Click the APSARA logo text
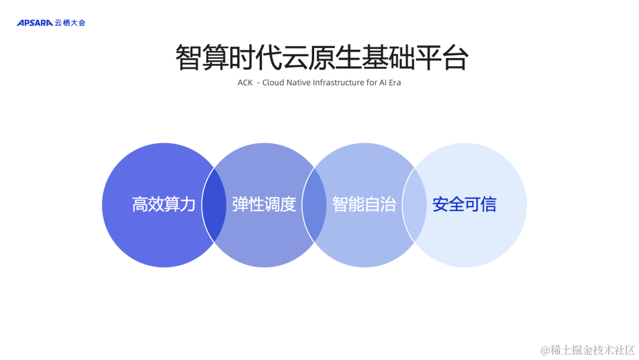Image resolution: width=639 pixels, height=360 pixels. tap(35, 23)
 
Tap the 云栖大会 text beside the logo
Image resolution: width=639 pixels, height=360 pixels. tap(70, 23)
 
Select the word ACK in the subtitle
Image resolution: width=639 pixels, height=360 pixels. tap(245, 83)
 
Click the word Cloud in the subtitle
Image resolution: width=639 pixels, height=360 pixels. tap(273, 83)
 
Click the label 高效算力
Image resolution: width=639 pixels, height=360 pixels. tap(163, 205)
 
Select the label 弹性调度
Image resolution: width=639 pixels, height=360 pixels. tap(264, 205)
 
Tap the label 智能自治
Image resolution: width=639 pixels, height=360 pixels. tap(364, 205)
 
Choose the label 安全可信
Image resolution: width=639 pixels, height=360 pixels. tap(464, 205)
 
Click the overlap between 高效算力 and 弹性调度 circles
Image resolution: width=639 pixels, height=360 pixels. tap(214, 205)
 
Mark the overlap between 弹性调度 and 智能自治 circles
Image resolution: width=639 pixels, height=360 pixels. tap(314, 205)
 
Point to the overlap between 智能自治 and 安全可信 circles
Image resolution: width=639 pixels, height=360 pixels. tap(414, 205)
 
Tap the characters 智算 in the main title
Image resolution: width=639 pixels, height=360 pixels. tap(201, 58)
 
